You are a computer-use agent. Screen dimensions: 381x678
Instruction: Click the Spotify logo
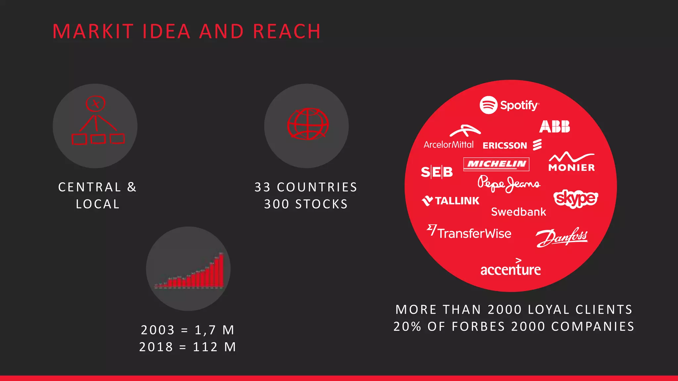509,105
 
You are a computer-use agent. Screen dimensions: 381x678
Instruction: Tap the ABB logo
555,127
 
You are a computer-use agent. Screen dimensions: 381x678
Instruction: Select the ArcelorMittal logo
449,137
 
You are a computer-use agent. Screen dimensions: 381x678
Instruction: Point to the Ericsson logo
512,145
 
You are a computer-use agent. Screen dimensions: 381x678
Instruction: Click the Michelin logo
496,164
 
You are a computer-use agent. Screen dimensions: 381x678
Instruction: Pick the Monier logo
571,162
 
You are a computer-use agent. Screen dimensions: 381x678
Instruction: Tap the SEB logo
437,172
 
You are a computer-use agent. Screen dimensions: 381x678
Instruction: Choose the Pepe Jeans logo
509,184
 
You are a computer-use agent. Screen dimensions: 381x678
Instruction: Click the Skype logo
576,198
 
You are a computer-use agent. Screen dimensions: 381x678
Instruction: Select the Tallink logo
451,201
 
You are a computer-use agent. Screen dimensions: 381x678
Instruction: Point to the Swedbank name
518,212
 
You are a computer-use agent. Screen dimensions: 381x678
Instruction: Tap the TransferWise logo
469,232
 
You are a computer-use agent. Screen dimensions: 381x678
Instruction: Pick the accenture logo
510,269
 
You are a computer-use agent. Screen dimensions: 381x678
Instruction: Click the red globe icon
308,124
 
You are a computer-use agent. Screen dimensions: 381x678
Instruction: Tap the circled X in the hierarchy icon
96,104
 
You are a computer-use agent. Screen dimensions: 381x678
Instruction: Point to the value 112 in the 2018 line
205,347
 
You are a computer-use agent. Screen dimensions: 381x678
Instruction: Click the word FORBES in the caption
478,326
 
